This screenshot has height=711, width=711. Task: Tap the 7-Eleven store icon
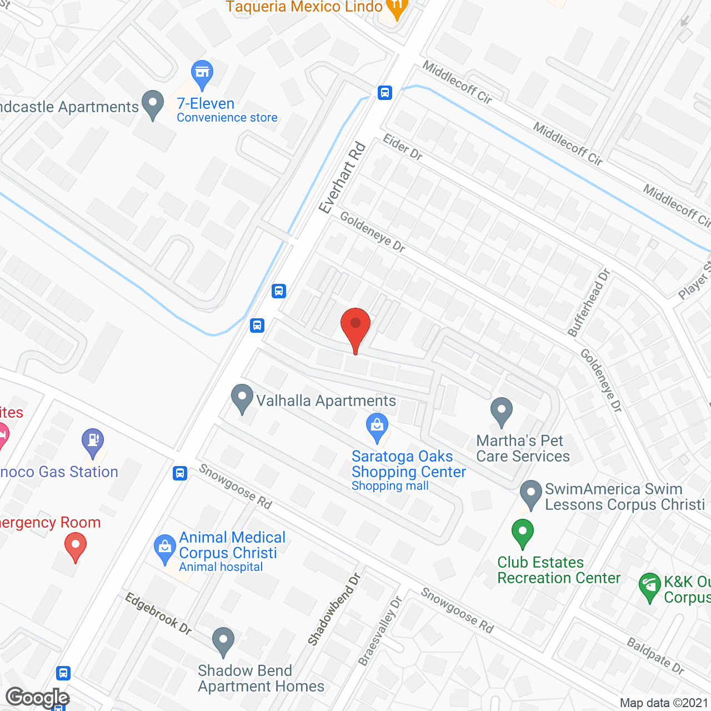(x=202, y=73)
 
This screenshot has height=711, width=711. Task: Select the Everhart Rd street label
(x=343, y=177)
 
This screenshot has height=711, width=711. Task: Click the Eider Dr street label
(x=403, y=147)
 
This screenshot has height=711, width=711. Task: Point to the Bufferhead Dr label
(x=589, y=303)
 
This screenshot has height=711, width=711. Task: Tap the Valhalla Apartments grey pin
(x=242, y=398)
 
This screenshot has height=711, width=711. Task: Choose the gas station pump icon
(x=93, y=441)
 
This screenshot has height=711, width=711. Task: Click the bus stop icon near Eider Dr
(x=385, y=93)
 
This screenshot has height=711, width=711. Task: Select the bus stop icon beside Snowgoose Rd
(x=179, y=473)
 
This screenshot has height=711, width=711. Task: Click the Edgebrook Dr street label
(x=158, y=613)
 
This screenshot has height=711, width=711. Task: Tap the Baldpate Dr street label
(x=655, y=655)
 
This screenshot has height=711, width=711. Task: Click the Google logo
(x=38, y=698)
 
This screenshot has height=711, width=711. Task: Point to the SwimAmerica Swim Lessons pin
(x=530, y=493)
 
